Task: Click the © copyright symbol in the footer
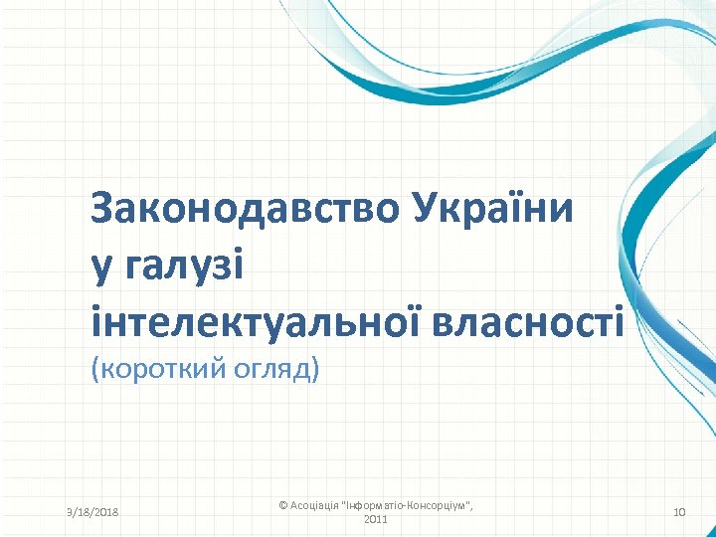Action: pyautogui.click(x=283, y=506)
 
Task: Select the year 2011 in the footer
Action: pyautogui.click(x=376, y=519)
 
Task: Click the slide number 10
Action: pyautogui.click(x=679, y=512)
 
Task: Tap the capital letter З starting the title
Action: pyautogui.click(x=102, y=209)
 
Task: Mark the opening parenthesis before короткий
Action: pyautogui.click(x=94, y=370)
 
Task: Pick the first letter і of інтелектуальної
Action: pyautogui.click(x=95, y=322)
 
